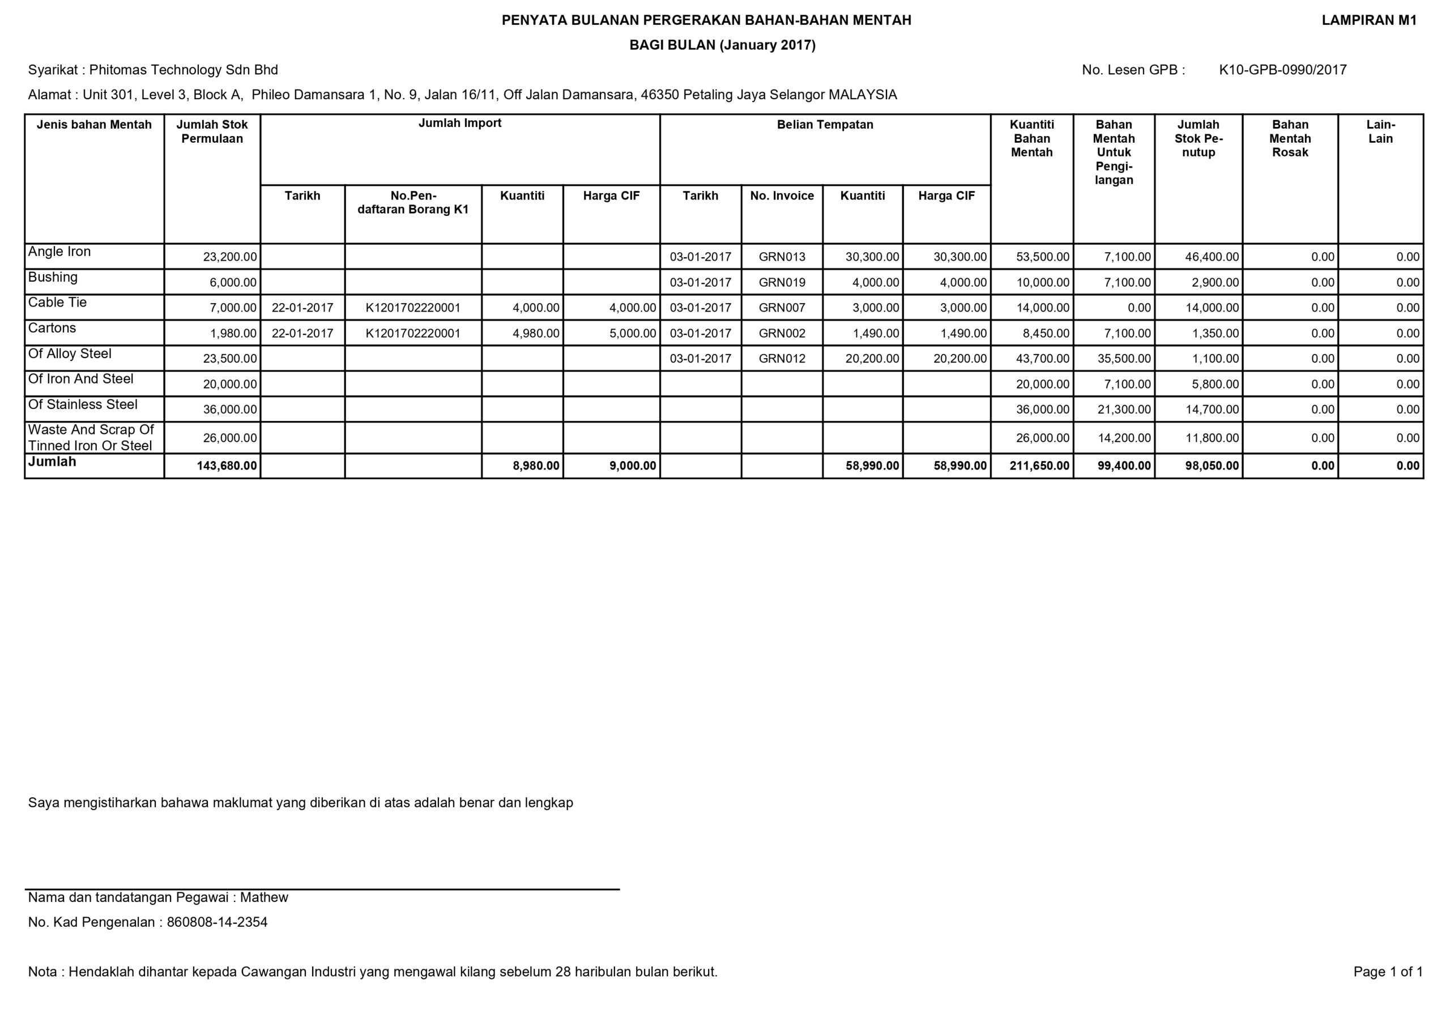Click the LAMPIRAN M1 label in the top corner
pos(1369,20)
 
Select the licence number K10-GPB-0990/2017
pos(1283,70)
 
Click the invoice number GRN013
pos(782,257)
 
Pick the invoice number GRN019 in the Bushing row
pos(782,282)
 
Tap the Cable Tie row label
pos(57,303)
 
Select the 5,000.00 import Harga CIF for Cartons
pos(632,334)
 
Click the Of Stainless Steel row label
pos(83,405)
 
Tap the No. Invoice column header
pos(782,196)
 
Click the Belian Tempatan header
pos(825,125)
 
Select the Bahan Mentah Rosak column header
pos(1290,138)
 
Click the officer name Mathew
pos(264,898)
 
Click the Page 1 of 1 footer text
pos(1388,972)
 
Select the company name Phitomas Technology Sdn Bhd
pos(183,70)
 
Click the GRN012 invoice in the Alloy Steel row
pos(782,359)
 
